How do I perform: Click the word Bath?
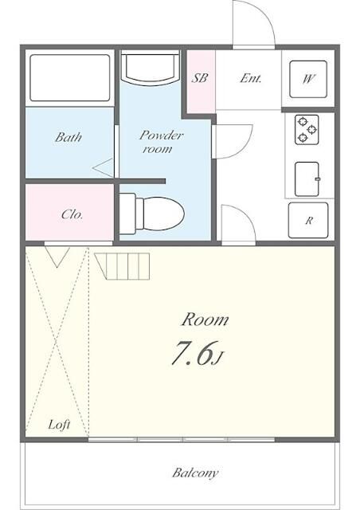point(68,137)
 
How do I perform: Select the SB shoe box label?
point(199,79)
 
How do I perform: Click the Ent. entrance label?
point(249,79)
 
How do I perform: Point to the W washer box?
point(307,79)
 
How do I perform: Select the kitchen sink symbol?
point(307,178)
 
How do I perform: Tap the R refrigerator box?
point(307,222)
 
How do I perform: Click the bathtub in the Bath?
point(69,78)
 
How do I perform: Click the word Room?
point(205,320)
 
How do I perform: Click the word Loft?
point(58,425)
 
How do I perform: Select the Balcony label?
point(195,473)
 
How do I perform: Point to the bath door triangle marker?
point(104,168)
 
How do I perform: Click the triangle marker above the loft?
point(56,257)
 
